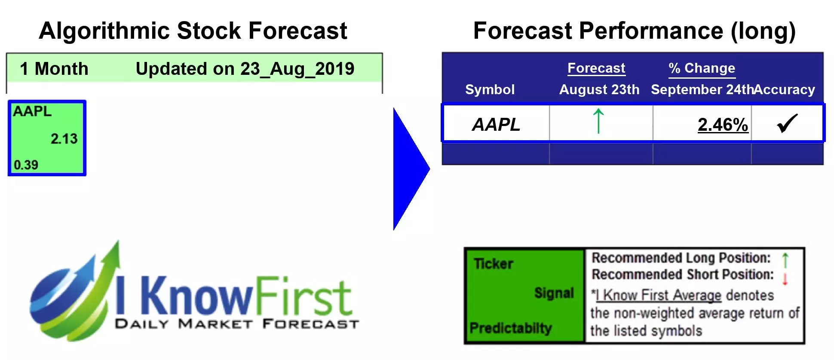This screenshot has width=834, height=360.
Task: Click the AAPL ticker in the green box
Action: click(32, 111)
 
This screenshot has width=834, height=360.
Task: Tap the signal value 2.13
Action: click(64, 139)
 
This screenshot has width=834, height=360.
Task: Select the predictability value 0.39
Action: click(26, 165)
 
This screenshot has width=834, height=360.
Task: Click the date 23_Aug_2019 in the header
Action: click(297, 69)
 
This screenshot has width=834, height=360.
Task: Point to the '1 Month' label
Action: click(54, 69)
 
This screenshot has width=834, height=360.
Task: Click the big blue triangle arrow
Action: click(409, 169)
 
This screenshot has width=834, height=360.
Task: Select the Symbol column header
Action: click(490, 89)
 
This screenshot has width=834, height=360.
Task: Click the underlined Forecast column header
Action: click(596, 68)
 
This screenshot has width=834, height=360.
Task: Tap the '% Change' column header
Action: click(702, 68)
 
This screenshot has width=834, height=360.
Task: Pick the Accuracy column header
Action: click(785, 89)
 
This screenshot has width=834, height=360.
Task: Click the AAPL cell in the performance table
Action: click(496, 125)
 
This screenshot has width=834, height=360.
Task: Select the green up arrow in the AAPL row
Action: click(598, 121)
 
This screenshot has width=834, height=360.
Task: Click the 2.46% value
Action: click(723, 125)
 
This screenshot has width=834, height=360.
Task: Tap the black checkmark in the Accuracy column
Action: click(787, 123)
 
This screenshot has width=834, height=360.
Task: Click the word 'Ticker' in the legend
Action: click(494, 264)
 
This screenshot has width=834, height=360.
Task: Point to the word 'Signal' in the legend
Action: click(554, 293)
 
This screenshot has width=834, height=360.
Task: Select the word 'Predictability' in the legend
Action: click(510, 328)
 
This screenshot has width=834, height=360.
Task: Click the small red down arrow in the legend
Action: click(785, 279)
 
